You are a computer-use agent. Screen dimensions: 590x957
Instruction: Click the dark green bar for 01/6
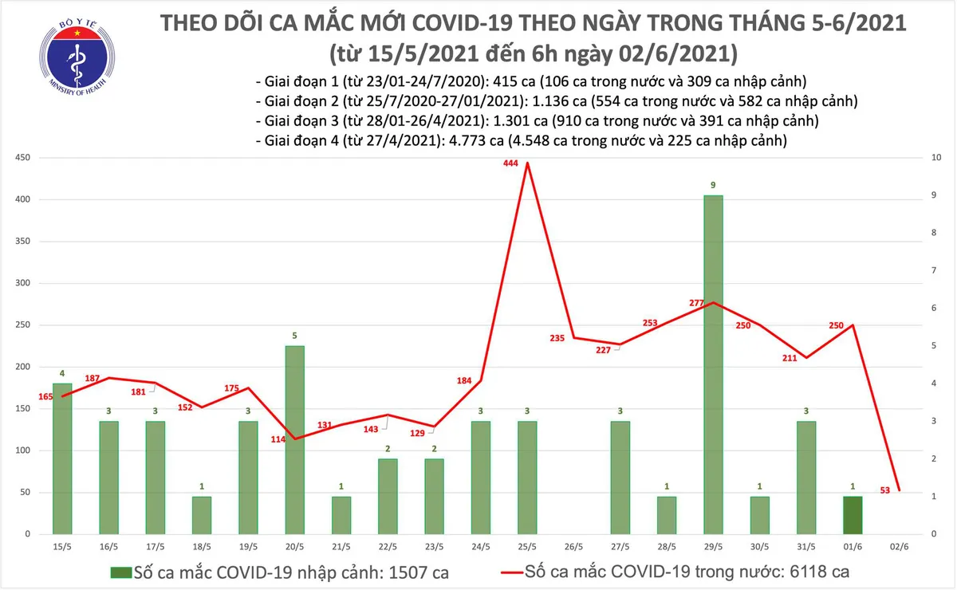coord(852,515)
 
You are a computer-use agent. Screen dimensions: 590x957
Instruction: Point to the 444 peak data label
coord(511,163)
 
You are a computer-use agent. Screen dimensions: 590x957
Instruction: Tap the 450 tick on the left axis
coord(22,158)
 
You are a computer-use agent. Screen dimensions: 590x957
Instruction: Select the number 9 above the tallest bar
coord(713,186)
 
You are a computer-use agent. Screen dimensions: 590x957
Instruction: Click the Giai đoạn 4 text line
coord(521,141)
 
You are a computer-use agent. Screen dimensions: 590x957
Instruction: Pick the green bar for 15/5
coord(62,458)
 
